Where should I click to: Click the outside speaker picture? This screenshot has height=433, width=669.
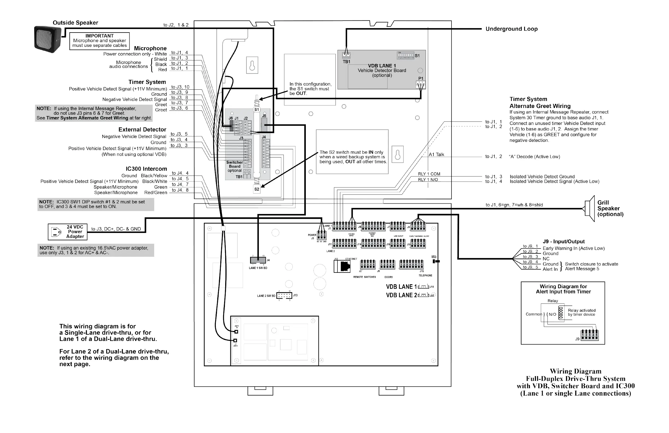click(47, 39)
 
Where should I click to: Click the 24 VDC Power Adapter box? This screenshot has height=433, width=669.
click(68, 232)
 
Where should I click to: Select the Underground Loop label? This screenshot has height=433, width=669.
click(511, 29)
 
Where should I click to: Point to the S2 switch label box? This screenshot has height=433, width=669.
click(257, 189)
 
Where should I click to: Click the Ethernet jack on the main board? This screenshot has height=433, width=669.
click(345, 266)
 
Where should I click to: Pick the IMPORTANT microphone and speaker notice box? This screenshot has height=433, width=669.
click(99, 41)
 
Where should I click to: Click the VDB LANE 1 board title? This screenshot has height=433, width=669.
click(382, 66)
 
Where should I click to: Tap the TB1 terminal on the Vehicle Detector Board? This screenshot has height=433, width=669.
click(346, 55)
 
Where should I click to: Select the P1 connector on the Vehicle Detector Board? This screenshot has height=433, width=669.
click(421, 84)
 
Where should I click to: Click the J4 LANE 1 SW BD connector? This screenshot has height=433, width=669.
click(258, 260)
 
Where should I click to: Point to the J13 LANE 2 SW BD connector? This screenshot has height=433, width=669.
click(284, 296)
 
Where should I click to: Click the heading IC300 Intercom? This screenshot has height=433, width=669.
click(146, 169)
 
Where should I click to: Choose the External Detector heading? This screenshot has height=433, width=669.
click(142, 130)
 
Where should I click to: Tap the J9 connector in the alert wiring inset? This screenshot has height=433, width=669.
click(590, 335)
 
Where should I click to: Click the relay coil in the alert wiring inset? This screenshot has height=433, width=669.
click(561, 313)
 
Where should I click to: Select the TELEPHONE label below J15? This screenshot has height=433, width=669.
click(425, 276)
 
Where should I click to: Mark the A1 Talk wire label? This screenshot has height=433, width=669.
click(436, 155)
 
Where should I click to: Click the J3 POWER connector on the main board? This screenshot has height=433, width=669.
click(322, 235)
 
